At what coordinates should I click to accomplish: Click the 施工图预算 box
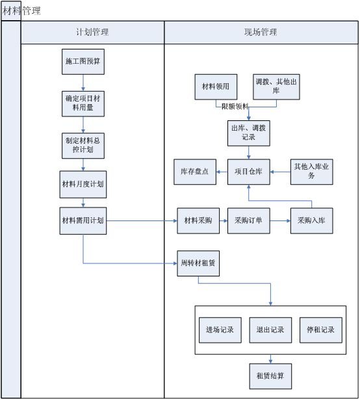coord(83,61)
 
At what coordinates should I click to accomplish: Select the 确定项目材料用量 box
coord(83,102)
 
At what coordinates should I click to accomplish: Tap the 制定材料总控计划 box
coord(83,144)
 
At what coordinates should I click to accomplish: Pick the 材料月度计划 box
coord(83,184)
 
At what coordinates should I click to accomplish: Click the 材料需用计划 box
coord(83,221)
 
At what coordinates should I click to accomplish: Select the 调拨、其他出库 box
coord(277,87)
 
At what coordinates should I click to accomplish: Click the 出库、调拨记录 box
coord(248,132)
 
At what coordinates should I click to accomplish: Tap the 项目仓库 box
coord(248,172)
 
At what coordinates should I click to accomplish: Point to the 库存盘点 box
coord(195,172)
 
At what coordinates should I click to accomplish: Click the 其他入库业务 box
coord(312,172)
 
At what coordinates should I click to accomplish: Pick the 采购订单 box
coord(248,221)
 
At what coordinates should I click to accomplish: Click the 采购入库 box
coord(312,221)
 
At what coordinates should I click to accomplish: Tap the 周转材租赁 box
coord(198,263)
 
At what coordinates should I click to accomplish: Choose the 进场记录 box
coord(220,330)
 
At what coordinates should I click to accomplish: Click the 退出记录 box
coord(269,330)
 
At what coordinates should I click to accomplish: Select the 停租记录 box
coord(321,330)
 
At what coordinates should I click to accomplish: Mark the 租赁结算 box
coord(270,376)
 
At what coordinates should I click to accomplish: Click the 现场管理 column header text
coord(261,33)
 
